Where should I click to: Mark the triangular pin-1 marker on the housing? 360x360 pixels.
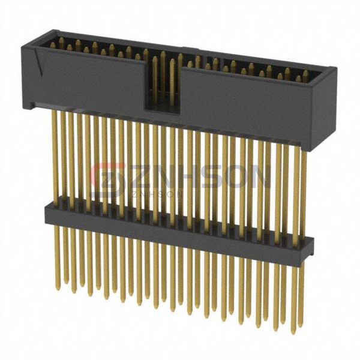[39, 62]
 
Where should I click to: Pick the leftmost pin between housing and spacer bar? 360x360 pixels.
[61, 156]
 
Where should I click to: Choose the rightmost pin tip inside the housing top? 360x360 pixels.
[306, 74]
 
